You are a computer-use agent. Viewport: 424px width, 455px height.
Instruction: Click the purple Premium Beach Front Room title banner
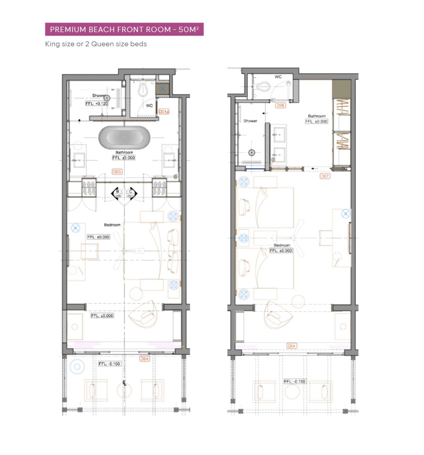click(124, 29)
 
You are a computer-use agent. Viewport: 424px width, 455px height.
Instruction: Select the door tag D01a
click(164, 112)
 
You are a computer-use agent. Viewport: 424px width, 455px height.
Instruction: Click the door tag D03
click(117, 171)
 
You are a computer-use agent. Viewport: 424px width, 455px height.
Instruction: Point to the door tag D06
click(280, 105)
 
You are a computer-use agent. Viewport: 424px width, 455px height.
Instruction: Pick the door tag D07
click(325, 176)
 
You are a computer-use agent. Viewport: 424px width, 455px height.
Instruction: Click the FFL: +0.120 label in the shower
click(97, 103)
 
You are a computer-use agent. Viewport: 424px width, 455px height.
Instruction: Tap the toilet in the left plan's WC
click(143, 89)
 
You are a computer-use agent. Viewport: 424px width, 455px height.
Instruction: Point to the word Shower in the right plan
click(251, 121)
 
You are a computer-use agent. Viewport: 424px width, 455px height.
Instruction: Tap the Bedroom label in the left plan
click(112, 225)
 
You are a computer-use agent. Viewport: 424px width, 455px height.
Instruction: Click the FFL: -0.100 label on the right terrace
click(295, 381)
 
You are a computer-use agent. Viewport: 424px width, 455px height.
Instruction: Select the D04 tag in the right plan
click(292, 345)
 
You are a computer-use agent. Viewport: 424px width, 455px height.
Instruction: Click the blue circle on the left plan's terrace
click(77, 366)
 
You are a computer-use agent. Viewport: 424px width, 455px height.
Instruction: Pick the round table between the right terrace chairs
click(293, 391)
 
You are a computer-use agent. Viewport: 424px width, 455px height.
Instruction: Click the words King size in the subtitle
click(59, 43)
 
